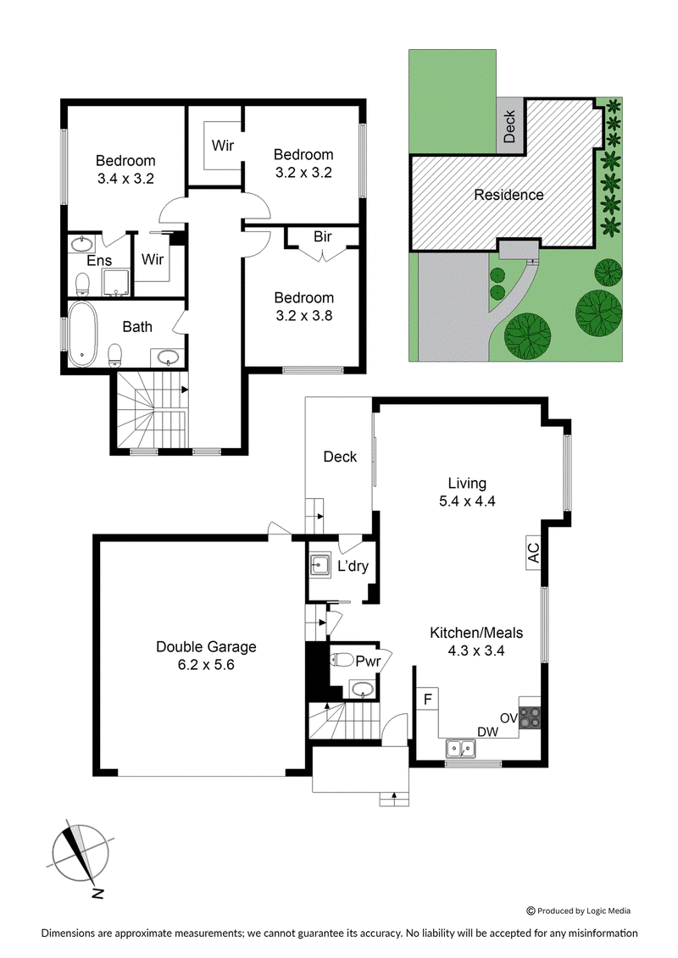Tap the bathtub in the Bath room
point(82,334)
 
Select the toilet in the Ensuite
point(82,284)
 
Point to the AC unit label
point(533,553)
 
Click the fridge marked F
point(428,698)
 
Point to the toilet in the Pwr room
point(342,661)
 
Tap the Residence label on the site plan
point(508,195)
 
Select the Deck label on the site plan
point(509,126)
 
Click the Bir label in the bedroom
point(322,236)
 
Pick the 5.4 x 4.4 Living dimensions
point(467,501)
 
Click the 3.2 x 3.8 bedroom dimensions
point(304,315)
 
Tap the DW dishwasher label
point(488,731)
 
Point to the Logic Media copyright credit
point(578,911)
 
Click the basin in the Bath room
point(166,357)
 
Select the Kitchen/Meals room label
point(476,633)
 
